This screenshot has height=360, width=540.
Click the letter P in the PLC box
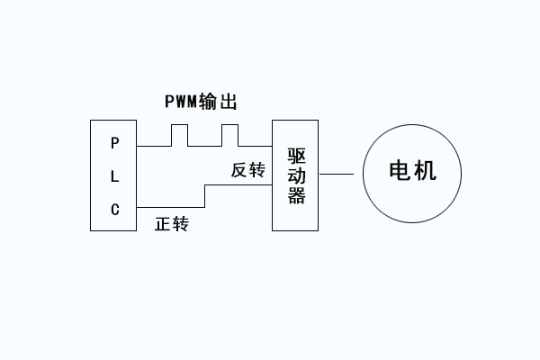114,143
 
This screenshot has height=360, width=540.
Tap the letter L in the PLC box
114,176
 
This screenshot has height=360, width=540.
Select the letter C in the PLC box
114,210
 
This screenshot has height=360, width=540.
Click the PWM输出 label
201,101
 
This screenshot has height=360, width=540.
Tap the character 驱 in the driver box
296,154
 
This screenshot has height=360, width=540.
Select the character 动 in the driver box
296,175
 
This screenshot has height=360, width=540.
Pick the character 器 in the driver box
296,197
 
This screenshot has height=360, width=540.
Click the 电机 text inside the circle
412,172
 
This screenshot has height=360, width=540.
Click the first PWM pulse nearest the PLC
178,127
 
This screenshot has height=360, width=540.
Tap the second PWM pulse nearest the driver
230,127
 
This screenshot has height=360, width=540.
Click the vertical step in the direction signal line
206,196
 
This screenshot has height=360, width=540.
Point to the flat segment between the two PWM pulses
204,145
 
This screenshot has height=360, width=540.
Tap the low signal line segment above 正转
171,207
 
